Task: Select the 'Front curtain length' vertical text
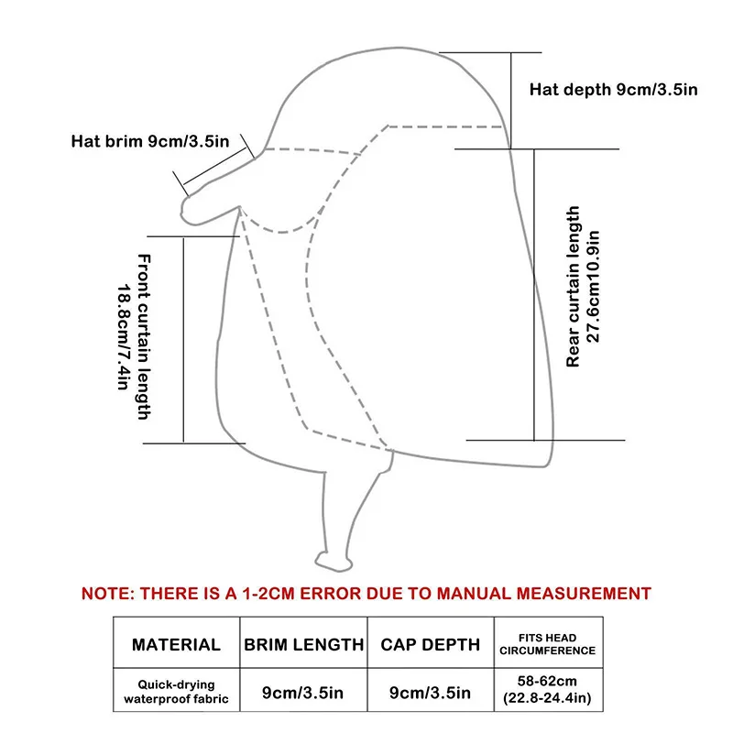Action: click(x=144, y=338)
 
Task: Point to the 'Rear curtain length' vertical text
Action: click(x=574, y=287)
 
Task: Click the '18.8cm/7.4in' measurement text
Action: click(x=124, y=338)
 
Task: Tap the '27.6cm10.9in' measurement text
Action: click(x=594, y=287)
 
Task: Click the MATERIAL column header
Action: click(x=176, y=644)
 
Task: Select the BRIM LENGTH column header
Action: click(x=303, y=644)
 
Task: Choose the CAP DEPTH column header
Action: click(x=430, y=644)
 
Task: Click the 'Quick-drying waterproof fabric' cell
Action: click(x=176, y=692)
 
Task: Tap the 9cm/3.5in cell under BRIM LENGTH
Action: click(x=303, y=693)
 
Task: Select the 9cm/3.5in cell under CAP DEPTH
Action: click(x=430, y=693)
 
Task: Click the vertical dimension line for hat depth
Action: click(x=511, y=99)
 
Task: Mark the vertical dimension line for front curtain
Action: click(x=186, y=339)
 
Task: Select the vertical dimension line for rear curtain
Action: click(x=534, y=293)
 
